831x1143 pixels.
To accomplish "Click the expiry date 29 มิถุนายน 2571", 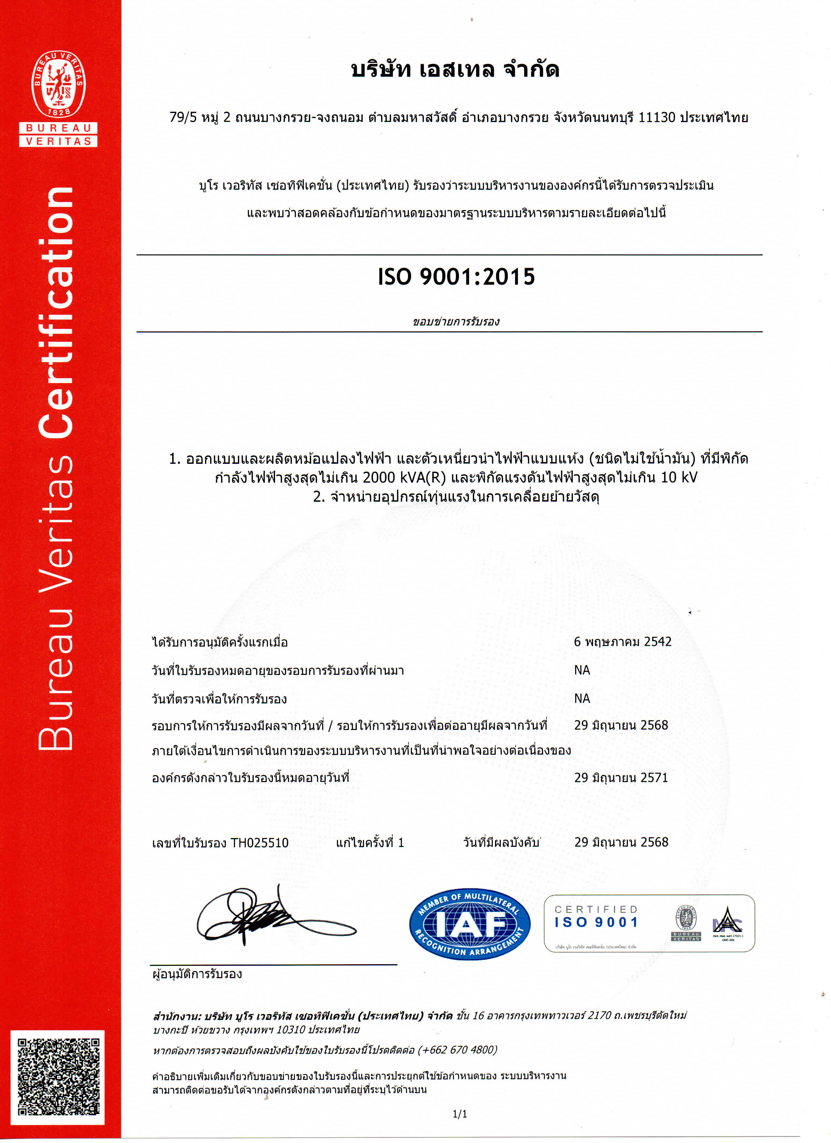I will (621, 778).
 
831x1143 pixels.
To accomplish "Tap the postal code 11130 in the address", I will (657, 117).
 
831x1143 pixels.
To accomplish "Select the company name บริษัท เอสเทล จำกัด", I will (455, 70).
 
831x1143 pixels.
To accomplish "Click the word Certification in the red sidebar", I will (56, 312).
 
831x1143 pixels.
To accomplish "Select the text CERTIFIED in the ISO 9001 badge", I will (596, 909).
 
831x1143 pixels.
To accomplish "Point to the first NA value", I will (582, 670).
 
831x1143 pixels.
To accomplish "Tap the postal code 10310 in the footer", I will (291, 1030).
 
